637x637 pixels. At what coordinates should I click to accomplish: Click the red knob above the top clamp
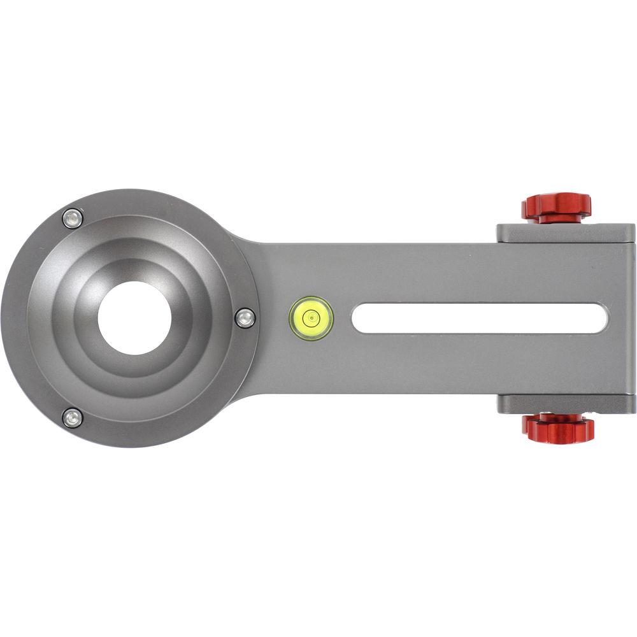pos(556,208)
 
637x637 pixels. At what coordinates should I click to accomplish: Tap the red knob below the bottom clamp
pos(558,428)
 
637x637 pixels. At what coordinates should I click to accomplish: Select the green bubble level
pos(311,318)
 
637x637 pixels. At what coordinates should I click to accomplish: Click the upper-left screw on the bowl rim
pos(73,218)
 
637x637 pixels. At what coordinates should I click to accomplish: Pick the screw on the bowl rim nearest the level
pos(245,317)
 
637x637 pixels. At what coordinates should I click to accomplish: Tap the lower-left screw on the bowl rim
pos(73,418)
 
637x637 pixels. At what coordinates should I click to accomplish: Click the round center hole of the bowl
pos(134,318)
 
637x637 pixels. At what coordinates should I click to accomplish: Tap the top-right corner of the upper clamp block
pos(633,225)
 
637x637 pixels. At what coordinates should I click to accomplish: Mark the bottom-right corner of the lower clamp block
pos(634,412)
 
